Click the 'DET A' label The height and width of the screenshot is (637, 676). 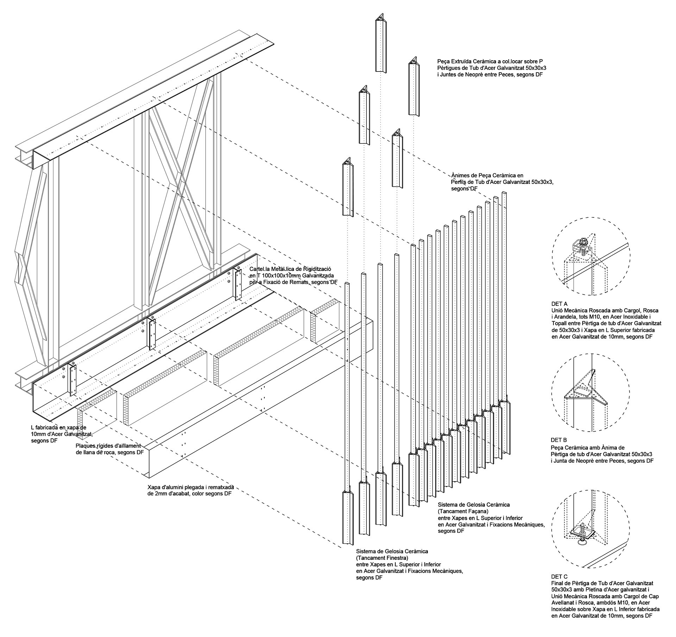point(559,303)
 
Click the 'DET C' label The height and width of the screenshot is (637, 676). point(559,576)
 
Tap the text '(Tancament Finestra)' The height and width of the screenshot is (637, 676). point(382,558)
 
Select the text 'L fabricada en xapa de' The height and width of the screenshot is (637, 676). point(58,427)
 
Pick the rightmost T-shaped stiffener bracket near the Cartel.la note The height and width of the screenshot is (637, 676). point(237,284)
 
